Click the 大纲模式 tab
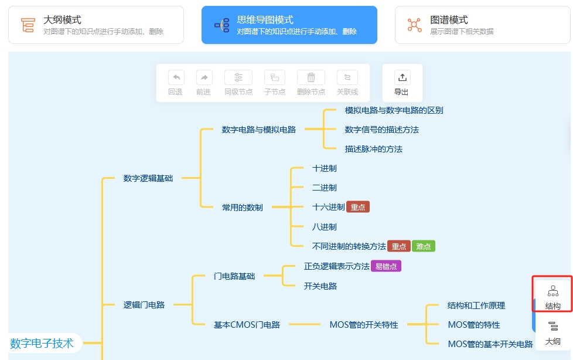[95, 25]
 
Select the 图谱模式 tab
[482, 25]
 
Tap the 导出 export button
[401, 83]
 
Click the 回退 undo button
[175, 83]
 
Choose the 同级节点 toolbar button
[238, 83]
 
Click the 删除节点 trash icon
[311, 78]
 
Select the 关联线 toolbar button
[347, 83]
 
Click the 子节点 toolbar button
[275, 83]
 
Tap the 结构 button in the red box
[552, 296]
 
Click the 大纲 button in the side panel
[552, 332]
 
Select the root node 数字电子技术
[43, 343]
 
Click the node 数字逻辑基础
[148, 178]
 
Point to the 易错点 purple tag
[386, 266]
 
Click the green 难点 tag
[423, 246]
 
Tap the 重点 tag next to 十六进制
[358, 207]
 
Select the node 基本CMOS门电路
[247, 325]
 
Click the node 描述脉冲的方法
[374, 149]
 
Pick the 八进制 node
[325, 227]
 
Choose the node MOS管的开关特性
[364, 325]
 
